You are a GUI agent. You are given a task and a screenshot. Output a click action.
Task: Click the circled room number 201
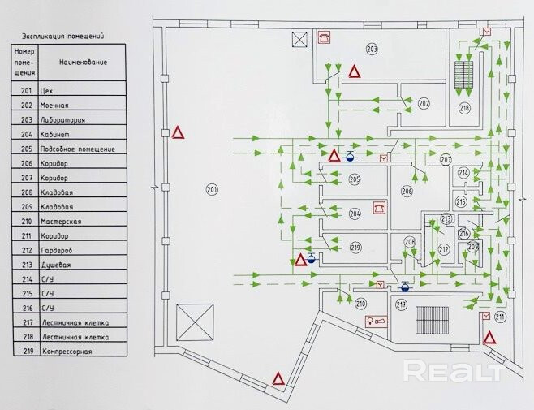(212, 190)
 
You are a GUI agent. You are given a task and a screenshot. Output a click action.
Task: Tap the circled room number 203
(372, 50)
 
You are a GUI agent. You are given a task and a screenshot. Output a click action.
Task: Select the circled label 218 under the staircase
(464, 107)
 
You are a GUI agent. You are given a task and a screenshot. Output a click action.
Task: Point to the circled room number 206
(407, 191)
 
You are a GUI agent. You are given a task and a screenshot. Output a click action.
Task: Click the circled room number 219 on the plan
(355, 247)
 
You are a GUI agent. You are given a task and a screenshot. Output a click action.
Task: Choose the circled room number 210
(361, 303)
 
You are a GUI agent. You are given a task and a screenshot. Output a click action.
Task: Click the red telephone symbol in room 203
(324, 37)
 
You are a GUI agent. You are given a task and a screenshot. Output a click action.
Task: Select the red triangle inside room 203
(355, 72)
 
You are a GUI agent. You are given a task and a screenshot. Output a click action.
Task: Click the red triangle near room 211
(489, 337)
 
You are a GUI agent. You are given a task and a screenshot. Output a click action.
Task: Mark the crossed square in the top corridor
(300, 39)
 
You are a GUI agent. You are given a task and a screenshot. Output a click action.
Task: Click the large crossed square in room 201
(194, 322)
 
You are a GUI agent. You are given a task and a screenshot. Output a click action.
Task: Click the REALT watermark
(454, 371)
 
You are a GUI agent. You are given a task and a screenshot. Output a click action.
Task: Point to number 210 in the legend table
(26, 221)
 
